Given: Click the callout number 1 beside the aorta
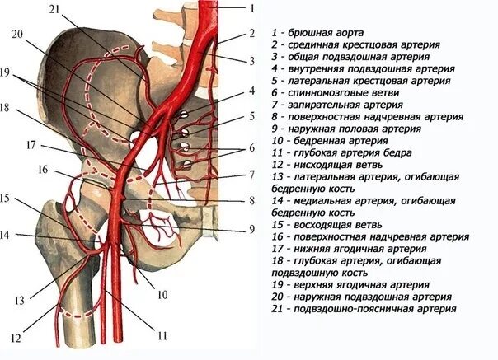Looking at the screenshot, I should click(252, 7).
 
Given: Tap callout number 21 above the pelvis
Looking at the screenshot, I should click(54, 8).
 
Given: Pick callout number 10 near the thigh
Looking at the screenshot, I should click(162, 294).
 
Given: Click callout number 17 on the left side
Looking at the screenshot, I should click(31, 145).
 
